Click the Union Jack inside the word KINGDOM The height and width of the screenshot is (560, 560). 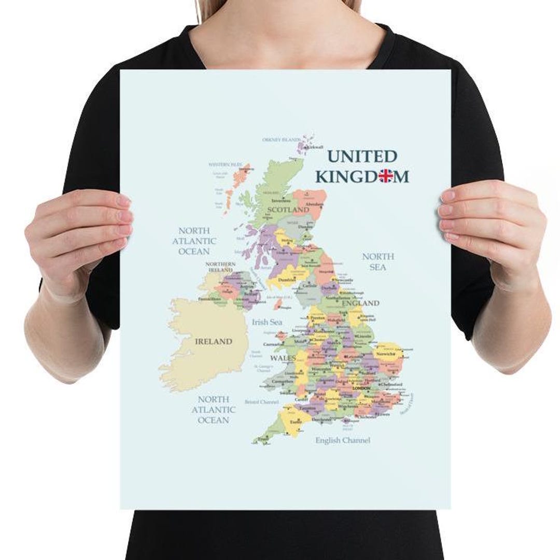(x=386, y=176)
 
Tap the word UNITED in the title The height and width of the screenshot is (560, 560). (x=362, y=156)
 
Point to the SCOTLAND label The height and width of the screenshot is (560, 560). (x=288, y=209)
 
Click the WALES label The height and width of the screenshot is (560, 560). (x=283, y=358)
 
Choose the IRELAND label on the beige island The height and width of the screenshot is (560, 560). (x=213, y=342)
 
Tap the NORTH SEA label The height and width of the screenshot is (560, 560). (x=378, y=262)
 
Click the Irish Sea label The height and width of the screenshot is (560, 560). (x=267, y=322)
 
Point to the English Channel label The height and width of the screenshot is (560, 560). (x=343, y=440)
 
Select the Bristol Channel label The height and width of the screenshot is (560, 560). (x=262, y=402)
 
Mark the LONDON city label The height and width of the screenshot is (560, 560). (x=361, y=388)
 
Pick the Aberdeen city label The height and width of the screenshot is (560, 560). (x=315, y=204)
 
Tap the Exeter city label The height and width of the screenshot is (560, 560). (x=296, y=422)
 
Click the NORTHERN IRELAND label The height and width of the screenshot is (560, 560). (x=221, y=267)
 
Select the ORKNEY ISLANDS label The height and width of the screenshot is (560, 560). (x=281, y=140)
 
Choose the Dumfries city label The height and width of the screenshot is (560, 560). (x=287, y=279)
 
